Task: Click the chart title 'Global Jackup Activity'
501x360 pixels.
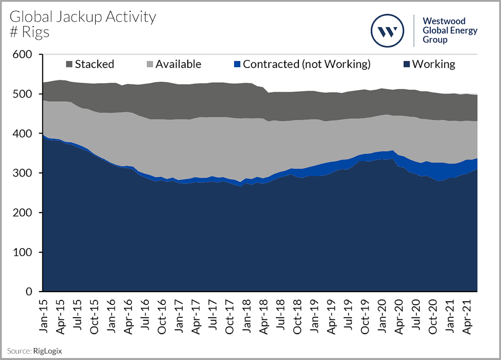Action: (x=83, y=17)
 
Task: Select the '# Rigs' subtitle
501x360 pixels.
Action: (x=30, y=32)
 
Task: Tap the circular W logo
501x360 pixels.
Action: (x=387, y=31)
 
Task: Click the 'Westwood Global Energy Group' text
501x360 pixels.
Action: (x=450, y=31)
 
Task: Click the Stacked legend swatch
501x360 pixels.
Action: (x=69, y=64)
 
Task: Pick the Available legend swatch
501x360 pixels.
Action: (x=150, y=64)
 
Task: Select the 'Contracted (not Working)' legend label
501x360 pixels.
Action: (x=307, y=64)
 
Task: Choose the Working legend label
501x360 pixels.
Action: (x=434, y=64)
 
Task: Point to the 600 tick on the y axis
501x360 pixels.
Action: (x=22, y=55)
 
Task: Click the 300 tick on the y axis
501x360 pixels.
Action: (x=22, y=173)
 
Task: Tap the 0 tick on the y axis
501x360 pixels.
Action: (x=29, y=292)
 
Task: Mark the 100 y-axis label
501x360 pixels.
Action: (x=22, y=252)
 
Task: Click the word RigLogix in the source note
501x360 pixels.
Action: (x=48, y=351)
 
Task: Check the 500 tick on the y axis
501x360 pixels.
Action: (x=22, y=94)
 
